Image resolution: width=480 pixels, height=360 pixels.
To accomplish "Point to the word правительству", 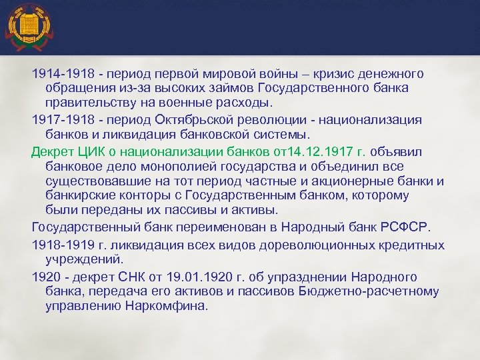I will pos(92,103).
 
